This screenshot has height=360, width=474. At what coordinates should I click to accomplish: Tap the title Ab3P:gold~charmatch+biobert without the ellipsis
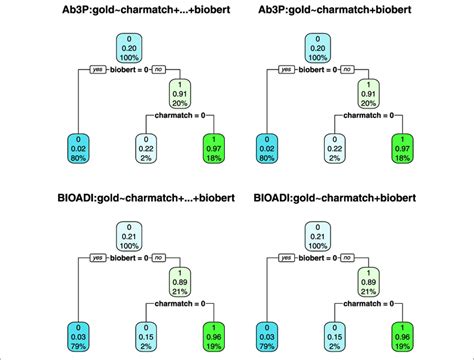coord(344,11)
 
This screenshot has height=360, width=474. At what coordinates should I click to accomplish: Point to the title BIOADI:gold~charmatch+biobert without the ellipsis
coord(344,191)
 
